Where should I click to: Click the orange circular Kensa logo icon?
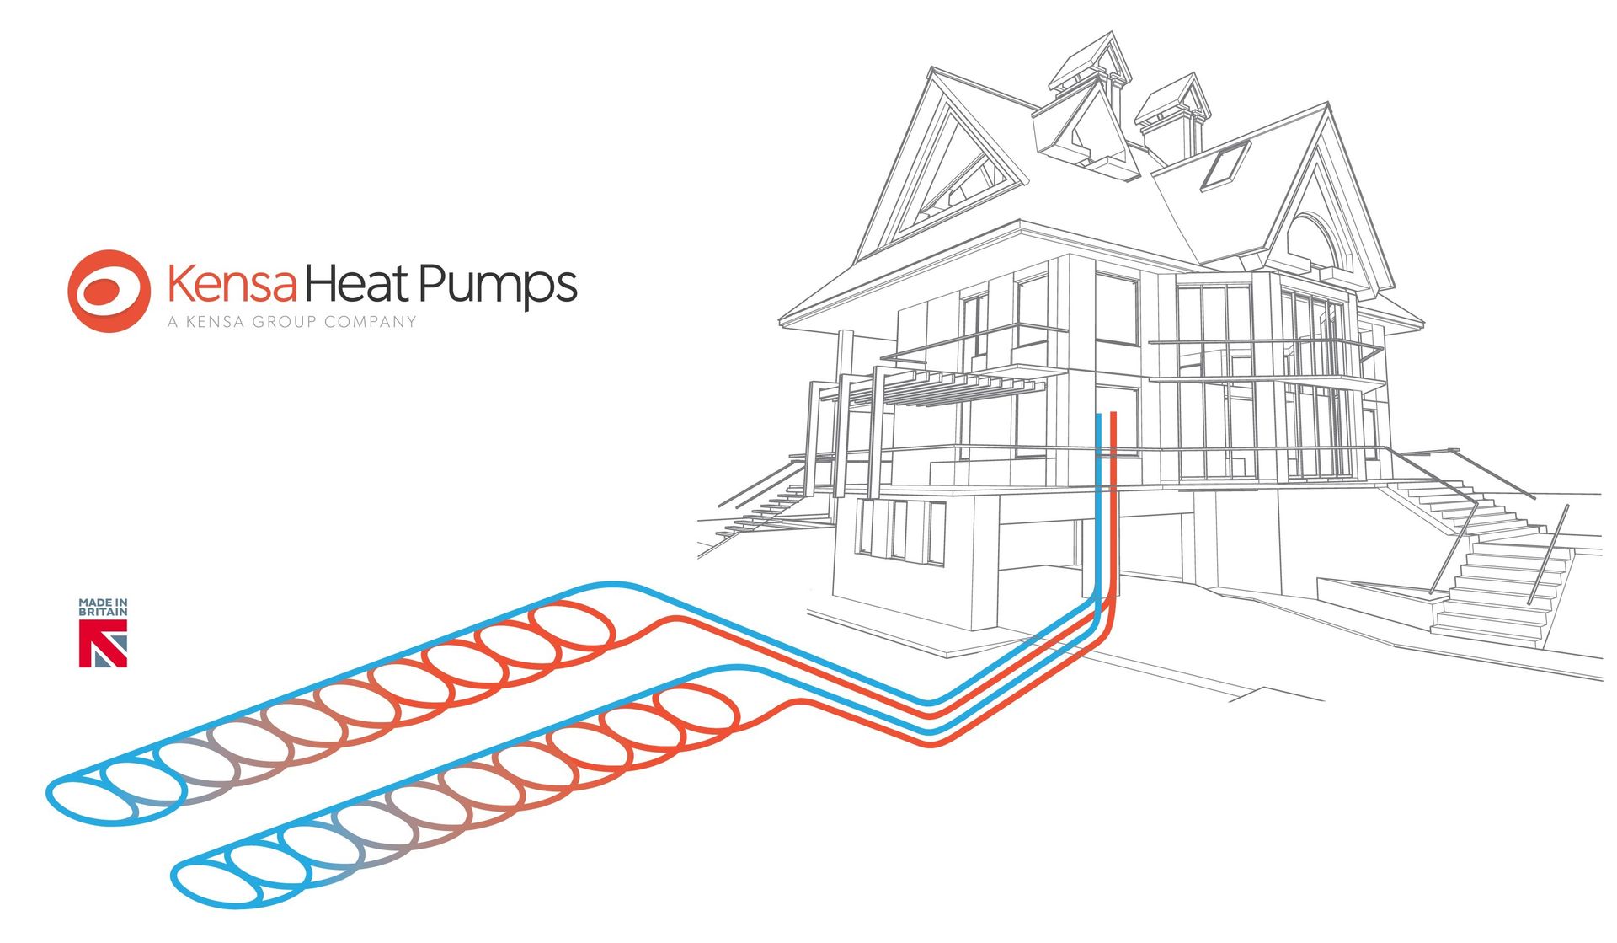coord(109,291)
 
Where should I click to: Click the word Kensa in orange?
coord(232,283)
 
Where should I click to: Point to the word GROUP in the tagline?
coord(285,321)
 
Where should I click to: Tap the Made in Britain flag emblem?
coord(103,643)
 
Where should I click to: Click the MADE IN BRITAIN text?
coord(103,607)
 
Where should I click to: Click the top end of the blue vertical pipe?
coord(1099,415)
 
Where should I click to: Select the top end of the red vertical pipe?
coord(1113,414)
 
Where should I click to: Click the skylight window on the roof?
coord(1225,165)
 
